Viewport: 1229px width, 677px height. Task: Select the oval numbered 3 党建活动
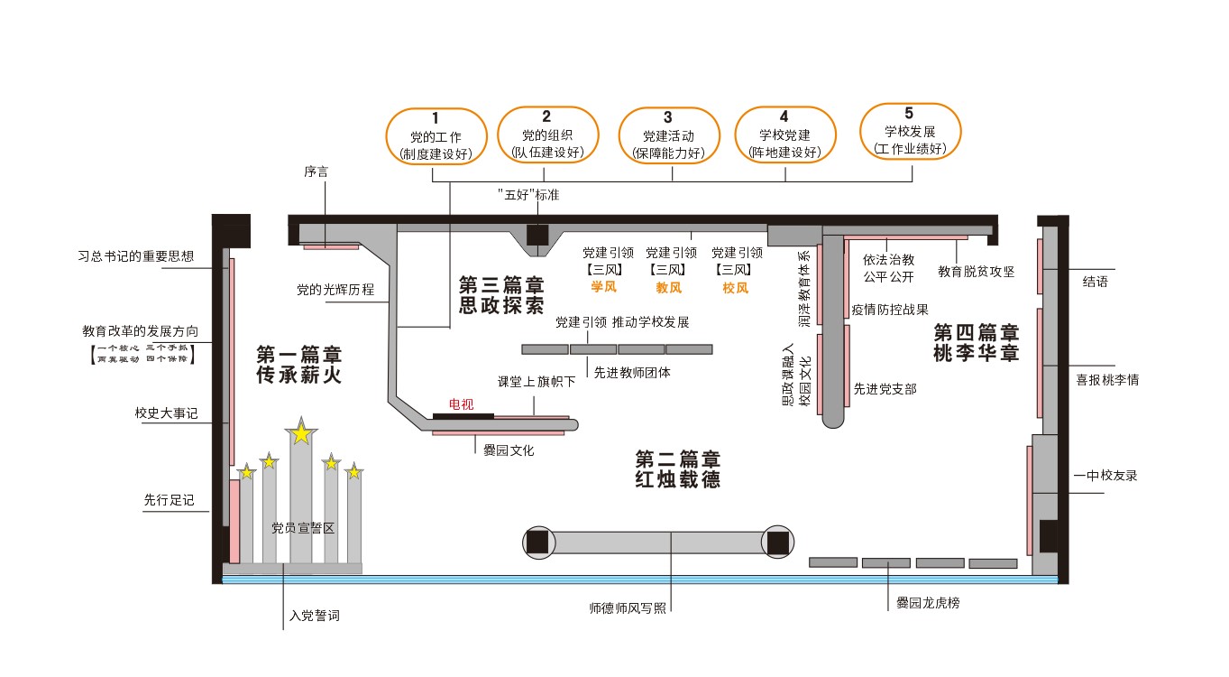pos(667,135)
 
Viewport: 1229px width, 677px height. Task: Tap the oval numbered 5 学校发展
pos(909,131)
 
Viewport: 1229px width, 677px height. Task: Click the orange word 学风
pos(603,288)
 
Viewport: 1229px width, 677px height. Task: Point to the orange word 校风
pos(735,288)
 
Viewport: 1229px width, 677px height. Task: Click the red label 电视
pos(461,404)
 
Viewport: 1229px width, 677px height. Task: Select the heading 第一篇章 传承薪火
pos(299,365)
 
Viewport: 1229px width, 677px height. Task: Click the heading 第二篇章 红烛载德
pos(677,468)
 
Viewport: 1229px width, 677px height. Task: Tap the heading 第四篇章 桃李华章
pos(976,343)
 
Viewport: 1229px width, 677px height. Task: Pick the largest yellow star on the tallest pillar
pos(301,434)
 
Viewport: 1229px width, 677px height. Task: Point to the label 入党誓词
pos(315,617)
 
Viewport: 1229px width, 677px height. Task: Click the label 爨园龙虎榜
pos(927,602)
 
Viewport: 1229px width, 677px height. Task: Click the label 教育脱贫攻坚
pos(977,271)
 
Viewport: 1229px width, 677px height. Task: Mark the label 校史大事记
pos(166,413)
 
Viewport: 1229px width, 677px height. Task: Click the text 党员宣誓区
pos(303,528)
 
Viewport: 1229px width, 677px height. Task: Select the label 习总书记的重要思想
pos(136,256)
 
